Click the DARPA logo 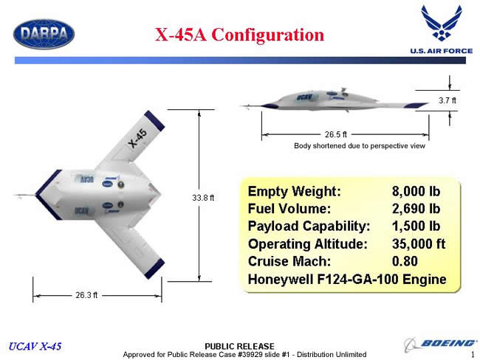click(x=44, y=34)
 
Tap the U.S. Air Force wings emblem click(x=441, y=23)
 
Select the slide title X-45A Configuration click(x=239, y=34)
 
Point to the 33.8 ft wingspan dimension click(x=203, y=198)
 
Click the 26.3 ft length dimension click(x=86, y=295)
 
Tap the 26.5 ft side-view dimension click(x=336, y=134)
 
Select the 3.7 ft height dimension click(x=448, y=100)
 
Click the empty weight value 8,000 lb click(x=416, y=191)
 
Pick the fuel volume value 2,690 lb click(x=416, y=209)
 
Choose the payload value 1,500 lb click(x=416, y=226)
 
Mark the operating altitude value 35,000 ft click(x=419, y=243)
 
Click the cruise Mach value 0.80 click(x=405, y=261)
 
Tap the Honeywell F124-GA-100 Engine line click(x=347, y=280)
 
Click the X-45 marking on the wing click(x=137, y=138)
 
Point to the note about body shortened click(x=360, y=146)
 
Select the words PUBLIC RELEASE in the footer click(x=239, y=346)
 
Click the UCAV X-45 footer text click(x=35, y=346)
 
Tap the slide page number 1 click(x=473, y=355)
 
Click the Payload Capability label click(x=309, y=226)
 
